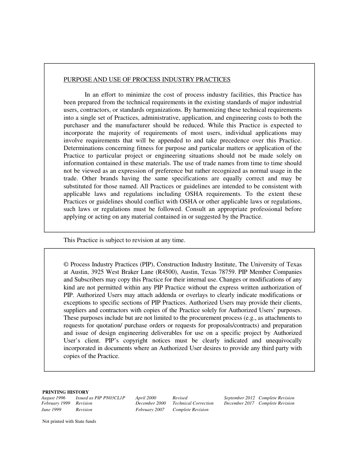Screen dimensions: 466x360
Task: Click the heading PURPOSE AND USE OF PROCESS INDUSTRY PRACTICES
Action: pyautogui.click(x=147, y=80)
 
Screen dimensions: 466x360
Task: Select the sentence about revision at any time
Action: pyautogui.click(x=124, y=240)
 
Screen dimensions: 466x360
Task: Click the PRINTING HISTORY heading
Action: pyautogui.click(x=66, y=392)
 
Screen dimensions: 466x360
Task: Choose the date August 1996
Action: pyautogui.click(x=53, y=398)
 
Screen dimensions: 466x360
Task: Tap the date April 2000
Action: pyautogui.click(x=146, y=398)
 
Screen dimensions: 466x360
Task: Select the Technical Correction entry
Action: pyautogui.click(x=193, y=403)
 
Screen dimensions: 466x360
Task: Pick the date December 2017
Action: pyautogui.click(x=239, y=403)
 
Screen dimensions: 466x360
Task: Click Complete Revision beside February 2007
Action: pyautogui.click(x=191, y=410)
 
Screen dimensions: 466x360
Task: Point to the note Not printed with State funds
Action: pyautogui.click(x=69, y=421)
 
